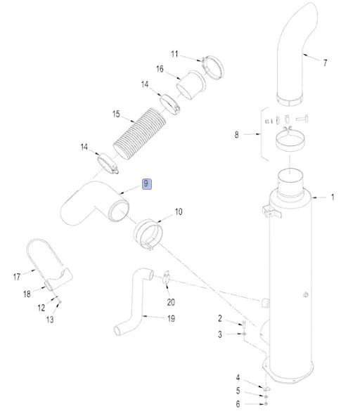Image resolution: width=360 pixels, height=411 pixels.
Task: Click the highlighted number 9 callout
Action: [x=147, y=184]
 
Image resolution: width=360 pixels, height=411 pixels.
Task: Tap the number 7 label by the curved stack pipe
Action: [x=325, y=63]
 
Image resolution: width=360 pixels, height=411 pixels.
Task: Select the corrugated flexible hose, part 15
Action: [x=140, y=133]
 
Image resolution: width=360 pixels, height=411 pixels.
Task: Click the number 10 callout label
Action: [x=179, y=211]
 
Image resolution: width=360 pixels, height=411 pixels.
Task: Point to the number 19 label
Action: [x=171, y=319]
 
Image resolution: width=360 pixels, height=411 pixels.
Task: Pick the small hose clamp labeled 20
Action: [x=166, y=278]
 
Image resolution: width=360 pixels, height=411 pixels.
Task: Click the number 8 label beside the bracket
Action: [x=237, y=135]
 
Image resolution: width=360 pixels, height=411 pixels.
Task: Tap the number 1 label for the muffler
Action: [x=333, y=197]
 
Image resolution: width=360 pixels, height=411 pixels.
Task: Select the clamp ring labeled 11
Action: [x=213, y=67]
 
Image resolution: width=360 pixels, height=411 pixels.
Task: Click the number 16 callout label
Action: [x=160, y=69]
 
